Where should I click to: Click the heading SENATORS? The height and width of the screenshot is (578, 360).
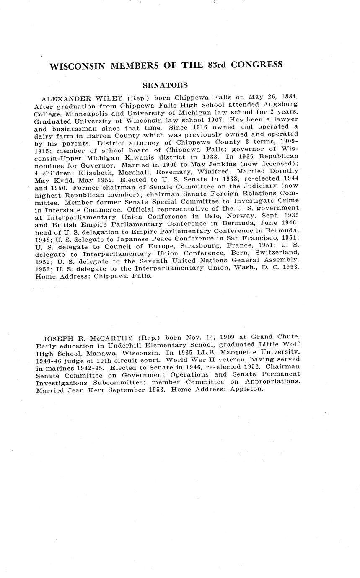[x=165, y=85]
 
